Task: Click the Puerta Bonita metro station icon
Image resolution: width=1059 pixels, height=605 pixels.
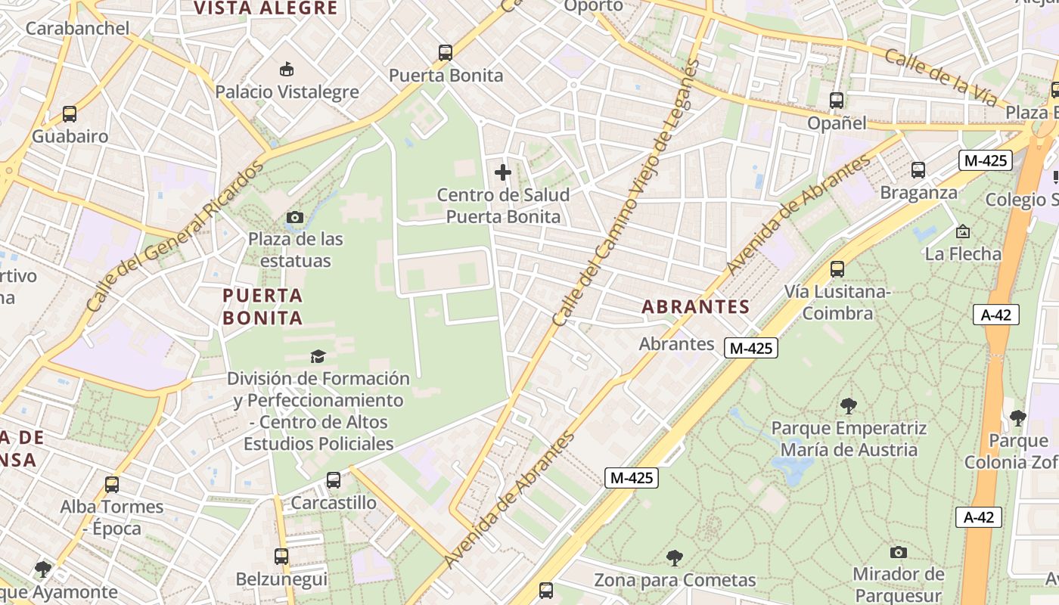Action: [x=446, y=53]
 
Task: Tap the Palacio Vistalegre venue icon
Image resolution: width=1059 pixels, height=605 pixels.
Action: [x=287, y=70]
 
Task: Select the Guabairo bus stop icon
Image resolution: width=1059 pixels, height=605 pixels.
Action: [x=70, y=114]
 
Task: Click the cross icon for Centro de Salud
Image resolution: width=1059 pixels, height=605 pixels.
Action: [x=503, y=172]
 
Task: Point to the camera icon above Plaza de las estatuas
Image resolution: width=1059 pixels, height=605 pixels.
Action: [x=295, y=218]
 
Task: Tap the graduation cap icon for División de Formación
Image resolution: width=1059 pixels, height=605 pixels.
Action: [x=318, y=355]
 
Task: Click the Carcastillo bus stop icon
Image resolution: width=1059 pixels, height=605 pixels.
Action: [x=334, y=479]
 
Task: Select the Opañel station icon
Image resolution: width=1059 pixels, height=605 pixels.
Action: [x=837, y=100]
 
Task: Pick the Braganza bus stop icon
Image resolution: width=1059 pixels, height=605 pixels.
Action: [x=918, y=170]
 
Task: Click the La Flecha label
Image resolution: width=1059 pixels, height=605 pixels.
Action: [x=963, y=253]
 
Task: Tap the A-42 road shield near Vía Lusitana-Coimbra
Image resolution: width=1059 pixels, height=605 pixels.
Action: [x=995, y=315]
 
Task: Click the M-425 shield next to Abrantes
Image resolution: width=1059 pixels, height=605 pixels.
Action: [x=750, y=348]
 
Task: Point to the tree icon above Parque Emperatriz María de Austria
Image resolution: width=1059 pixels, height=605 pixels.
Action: [x=849, y=406]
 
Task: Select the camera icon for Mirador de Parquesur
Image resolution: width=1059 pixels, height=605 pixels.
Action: [x=899, y=552]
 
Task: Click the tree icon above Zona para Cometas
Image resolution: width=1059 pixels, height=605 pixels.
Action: [x=675, y=558]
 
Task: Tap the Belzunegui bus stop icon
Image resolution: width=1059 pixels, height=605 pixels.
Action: [x=281, y=557]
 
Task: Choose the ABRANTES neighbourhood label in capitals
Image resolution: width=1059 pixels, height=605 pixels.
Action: [x=695, y=307]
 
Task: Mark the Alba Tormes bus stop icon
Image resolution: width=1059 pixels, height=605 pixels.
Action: [x=112, y=484]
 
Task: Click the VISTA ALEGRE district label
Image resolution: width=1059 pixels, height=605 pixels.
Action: [x=266, y=8]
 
